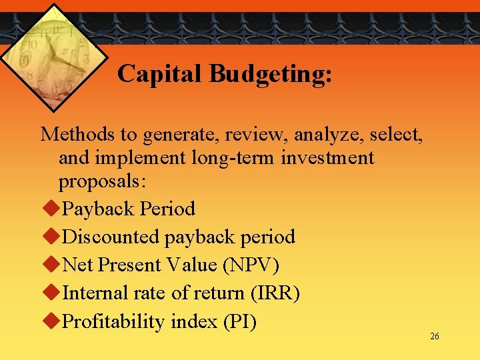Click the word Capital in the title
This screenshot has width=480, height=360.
point(161,74)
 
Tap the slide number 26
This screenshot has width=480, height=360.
point(435,337)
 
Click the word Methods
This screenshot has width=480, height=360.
point(78,135)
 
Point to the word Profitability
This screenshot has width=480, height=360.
point(113,322)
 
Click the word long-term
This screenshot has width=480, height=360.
point(218,159)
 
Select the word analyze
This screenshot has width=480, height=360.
point(327,135)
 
